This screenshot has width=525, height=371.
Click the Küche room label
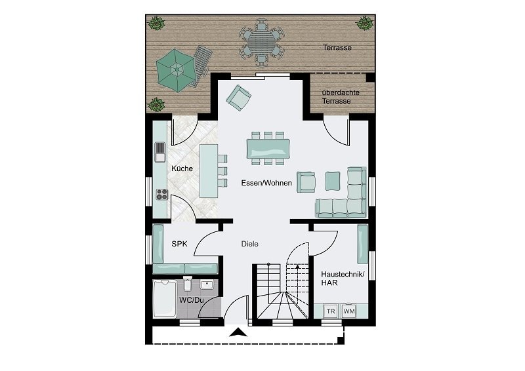click(182, 169)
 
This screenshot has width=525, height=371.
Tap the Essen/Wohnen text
click(266, 184)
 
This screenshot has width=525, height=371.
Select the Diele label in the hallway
click(249, 244)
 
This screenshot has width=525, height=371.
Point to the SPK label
click(179, 244)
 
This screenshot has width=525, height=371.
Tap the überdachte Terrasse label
click(341, 97)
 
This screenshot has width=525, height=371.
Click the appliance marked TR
click(331, 311)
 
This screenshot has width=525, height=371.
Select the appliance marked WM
click(348, 311)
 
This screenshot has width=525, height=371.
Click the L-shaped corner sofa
click(345, 197)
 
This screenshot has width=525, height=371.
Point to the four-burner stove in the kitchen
click(161, 194)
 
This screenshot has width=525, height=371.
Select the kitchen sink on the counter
click(160, 152)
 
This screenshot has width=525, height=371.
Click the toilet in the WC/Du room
click(188, 284)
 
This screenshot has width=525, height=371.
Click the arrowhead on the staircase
click(298, 267)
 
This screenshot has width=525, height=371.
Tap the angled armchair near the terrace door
click(238, 97)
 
